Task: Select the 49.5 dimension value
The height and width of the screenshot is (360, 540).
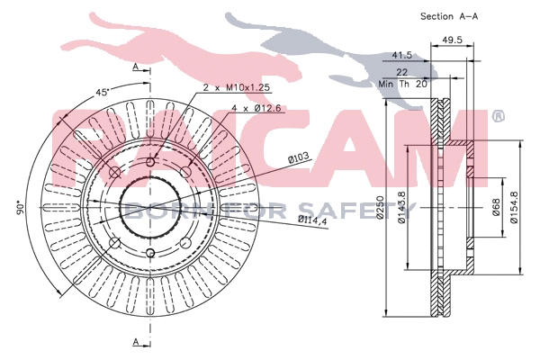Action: click(x=452, y=40)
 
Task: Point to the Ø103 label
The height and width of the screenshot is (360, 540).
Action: click(x=299, y=159)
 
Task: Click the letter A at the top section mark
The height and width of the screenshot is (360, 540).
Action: click(x=134, y=67)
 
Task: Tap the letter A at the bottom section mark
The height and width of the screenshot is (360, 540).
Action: click(x=134, y=342)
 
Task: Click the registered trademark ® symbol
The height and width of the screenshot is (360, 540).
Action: click(x=499, y=116)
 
